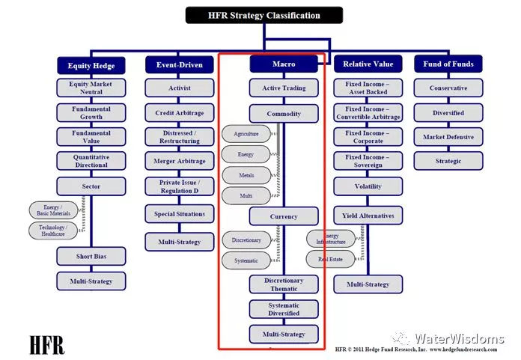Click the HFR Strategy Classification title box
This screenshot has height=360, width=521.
coord(263,15)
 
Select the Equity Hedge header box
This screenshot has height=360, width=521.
coord(91,65)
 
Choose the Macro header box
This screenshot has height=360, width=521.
coord(283,64)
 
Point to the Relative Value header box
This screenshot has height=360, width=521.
coord(368,64)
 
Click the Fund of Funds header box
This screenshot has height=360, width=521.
coord(448,64)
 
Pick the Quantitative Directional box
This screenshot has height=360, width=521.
coord(91,161)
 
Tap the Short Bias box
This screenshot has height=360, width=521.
coord(91,256)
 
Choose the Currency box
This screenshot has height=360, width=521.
coord(283,217)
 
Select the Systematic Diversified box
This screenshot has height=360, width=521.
coord(283,309)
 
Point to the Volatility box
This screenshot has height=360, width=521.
coord(368,186)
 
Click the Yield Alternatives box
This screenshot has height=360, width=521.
coord(368,216)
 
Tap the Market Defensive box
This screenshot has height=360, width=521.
coord(448,137)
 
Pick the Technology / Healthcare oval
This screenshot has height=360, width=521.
coord(53,231)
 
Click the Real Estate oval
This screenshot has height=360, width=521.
coord(329,259)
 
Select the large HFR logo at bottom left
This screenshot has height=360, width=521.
coord(46,345)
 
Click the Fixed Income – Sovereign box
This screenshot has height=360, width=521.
coord(368,161)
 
